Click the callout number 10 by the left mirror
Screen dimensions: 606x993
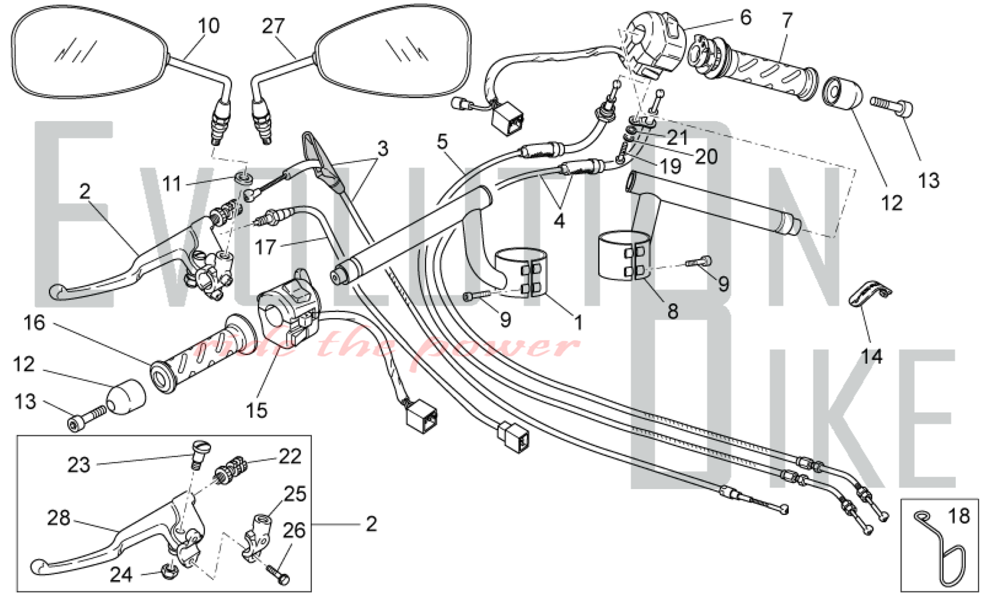pyautogui.click(x=209, y=26)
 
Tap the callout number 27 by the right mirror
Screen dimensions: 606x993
pyautogui.click(x=273, y=26)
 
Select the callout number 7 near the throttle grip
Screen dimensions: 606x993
pyautogui.click(x=787, y=21)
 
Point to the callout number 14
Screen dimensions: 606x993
pyautogui.click(x=871, y=356)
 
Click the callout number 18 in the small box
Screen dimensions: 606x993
pyautogui.click(x=959, y=517)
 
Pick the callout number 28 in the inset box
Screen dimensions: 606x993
pyautogui.click(x=59, y=518)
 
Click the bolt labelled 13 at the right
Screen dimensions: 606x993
pyautogui.click(x=892, y=105)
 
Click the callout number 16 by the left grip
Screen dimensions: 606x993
pyautogui.click(x=34, y=323)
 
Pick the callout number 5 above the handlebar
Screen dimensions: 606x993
pyautogui.click(x=442, y=142)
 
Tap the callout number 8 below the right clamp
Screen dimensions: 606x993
pyautogui.click(x=673, y=312)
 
